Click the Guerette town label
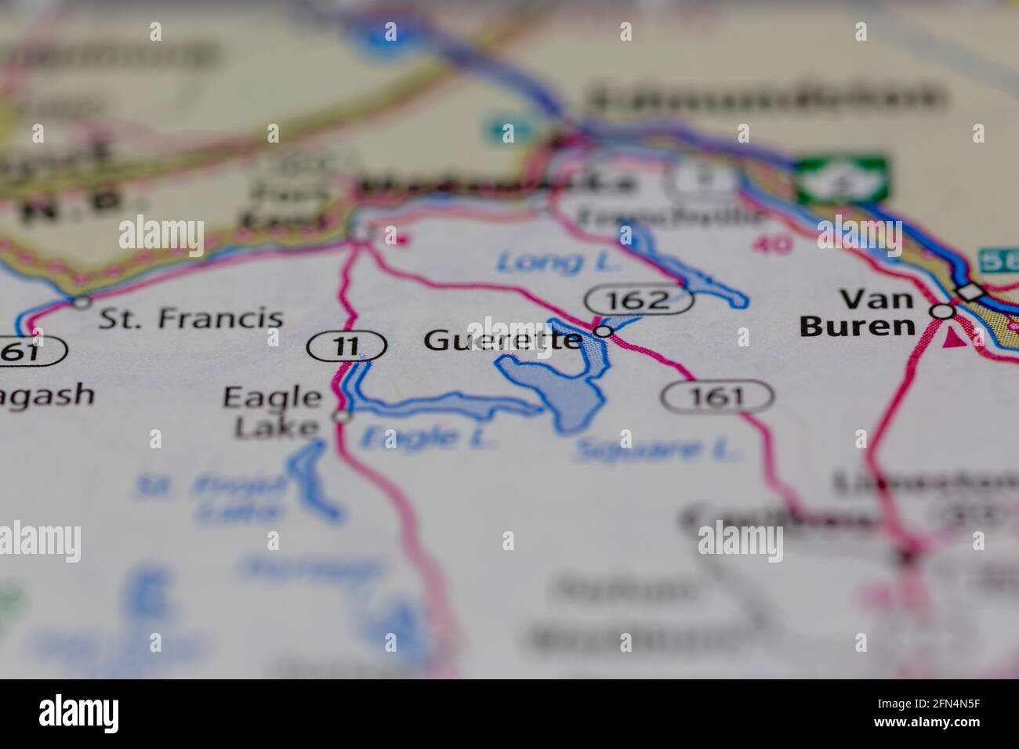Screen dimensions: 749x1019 [502, 340]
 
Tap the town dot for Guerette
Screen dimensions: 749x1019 [603, 332]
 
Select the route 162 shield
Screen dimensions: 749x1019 [639, 299]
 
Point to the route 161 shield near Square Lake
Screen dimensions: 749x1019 [717, 396]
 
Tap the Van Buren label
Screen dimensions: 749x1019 [857, 313]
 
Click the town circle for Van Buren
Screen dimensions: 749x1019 [943, 311]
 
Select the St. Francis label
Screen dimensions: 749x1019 [191, 318]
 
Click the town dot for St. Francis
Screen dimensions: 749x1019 [81, 302]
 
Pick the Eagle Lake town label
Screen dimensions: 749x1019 [272, 411]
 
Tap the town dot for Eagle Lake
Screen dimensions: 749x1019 [342, 417]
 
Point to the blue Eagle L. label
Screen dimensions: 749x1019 [428, 437]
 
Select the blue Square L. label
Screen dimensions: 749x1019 [657, 450]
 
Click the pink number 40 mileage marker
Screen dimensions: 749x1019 [771, 244]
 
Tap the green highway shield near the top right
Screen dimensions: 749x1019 [843, 179]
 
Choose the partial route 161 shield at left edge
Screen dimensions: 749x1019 [30, 352]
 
